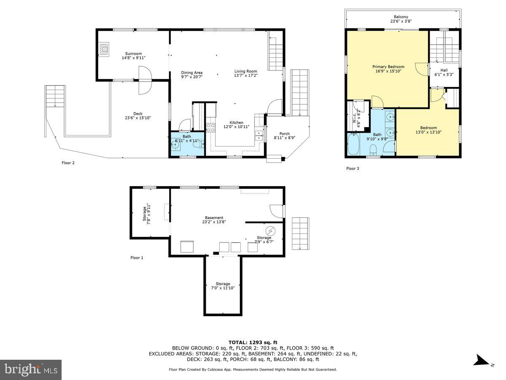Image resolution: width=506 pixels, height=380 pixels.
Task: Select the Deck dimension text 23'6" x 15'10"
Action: coord(138,118)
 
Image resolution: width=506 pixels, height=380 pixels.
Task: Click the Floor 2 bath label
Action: coord(187,136)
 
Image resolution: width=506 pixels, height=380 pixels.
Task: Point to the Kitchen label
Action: coord(237,122)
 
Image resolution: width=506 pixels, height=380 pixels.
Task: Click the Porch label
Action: coord(285,134)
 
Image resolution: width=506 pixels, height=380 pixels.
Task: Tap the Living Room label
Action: coord(246,71)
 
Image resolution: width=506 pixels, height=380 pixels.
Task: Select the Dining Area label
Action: coord(192,73)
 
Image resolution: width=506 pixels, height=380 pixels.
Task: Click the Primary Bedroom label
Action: coord(388,67)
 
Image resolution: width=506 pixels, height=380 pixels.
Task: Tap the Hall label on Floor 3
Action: coord(444,70)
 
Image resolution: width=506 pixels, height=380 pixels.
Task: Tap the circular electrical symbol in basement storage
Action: coord(270,231)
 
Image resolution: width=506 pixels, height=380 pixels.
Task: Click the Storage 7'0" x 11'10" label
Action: coord(223,284)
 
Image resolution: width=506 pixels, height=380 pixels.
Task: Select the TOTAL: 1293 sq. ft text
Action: coord(253,342)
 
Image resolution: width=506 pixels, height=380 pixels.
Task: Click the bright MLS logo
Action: coord(31,370)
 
